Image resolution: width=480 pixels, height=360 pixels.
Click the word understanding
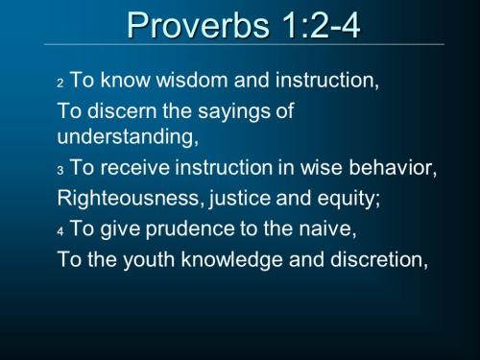coord(127,136)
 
